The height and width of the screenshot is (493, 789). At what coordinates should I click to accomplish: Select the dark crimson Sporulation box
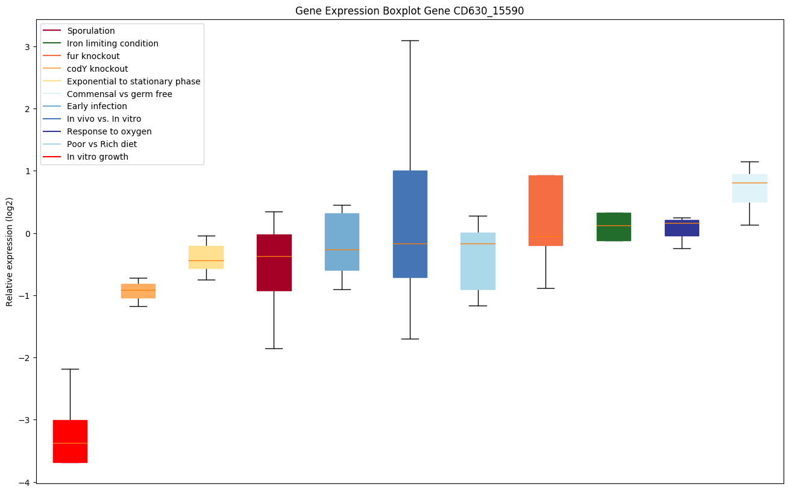[x=274, y=271]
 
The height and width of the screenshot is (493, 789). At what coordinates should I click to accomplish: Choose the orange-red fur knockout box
[x=545, y=199]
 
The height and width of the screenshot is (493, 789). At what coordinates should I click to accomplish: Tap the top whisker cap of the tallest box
[x=410, y=40]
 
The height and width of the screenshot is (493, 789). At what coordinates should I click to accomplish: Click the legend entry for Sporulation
[x=91, y=31]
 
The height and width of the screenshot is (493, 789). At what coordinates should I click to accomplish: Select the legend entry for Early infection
[x=97, y=106]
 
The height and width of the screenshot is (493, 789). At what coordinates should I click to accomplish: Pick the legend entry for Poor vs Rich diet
[x=102, y=144]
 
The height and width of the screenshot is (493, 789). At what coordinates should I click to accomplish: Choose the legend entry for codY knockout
[x=98, y=69]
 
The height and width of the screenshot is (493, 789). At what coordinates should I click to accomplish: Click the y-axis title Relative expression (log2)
[x=10, y=251]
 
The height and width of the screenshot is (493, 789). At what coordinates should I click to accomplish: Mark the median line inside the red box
[x=70, y=443]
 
